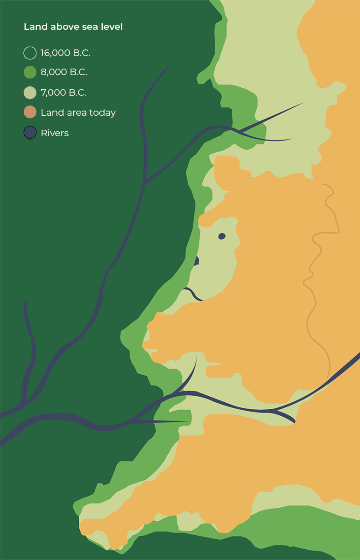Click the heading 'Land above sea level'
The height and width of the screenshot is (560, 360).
tap(73, 27)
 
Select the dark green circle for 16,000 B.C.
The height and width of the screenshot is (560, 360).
tap(30, 53)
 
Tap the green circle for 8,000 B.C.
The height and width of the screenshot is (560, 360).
tap(30, 72)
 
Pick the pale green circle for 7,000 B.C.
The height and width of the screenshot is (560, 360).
tap(30, 92)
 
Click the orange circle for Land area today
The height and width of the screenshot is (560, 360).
tap(30, 112)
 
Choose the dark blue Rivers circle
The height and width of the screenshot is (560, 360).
tap(30, 133)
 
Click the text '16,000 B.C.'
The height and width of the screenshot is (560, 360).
tap(65, 53)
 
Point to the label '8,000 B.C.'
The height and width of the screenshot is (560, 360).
tap(64, 72)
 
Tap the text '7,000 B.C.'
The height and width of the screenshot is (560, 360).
tap(64, 92)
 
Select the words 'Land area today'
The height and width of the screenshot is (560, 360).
tap(78, 112)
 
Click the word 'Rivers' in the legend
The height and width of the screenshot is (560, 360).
tap(55, 133)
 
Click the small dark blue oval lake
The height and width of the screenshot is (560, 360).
tap(222, 236)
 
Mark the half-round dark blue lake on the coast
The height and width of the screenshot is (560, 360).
tap(197, 261)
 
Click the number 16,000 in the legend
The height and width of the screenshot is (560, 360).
tap(55, 53)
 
